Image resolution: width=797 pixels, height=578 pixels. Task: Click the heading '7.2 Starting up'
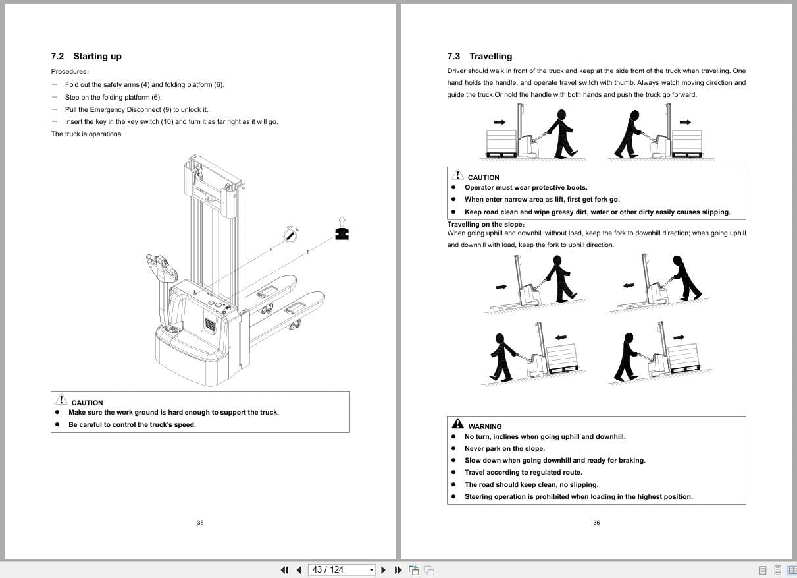click(x=86, y=57)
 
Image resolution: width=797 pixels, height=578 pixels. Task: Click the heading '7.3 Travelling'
click(x=479, y=57)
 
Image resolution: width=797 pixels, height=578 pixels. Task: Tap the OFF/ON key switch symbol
click(x=290, y=236)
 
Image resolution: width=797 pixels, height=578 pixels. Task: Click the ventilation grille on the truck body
click(x=210, y=326)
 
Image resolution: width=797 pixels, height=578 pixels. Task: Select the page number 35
click(x=200, y=523)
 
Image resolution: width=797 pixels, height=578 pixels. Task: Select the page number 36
click(x=596, y=523)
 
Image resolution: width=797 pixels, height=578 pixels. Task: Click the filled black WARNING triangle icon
click(x=457, y=424)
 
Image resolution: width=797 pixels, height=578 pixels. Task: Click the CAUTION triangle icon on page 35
click(x=61, y=400)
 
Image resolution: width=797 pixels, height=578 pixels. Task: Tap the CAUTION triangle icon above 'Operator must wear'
click(x=457, y=175)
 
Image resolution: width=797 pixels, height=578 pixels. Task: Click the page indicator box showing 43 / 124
click(x=342, y=570)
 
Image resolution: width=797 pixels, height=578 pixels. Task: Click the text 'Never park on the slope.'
click(x=504, y=449)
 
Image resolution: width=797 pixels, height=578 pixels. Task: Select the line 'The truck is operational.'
click(x=88, y=134)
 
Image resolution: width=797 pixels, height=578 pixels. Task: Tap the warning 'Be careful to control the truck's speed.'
click(x=132, y=425)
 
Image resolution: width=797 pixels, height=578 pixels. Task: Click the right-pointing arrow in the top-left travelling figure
click(x=500, y=122)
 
